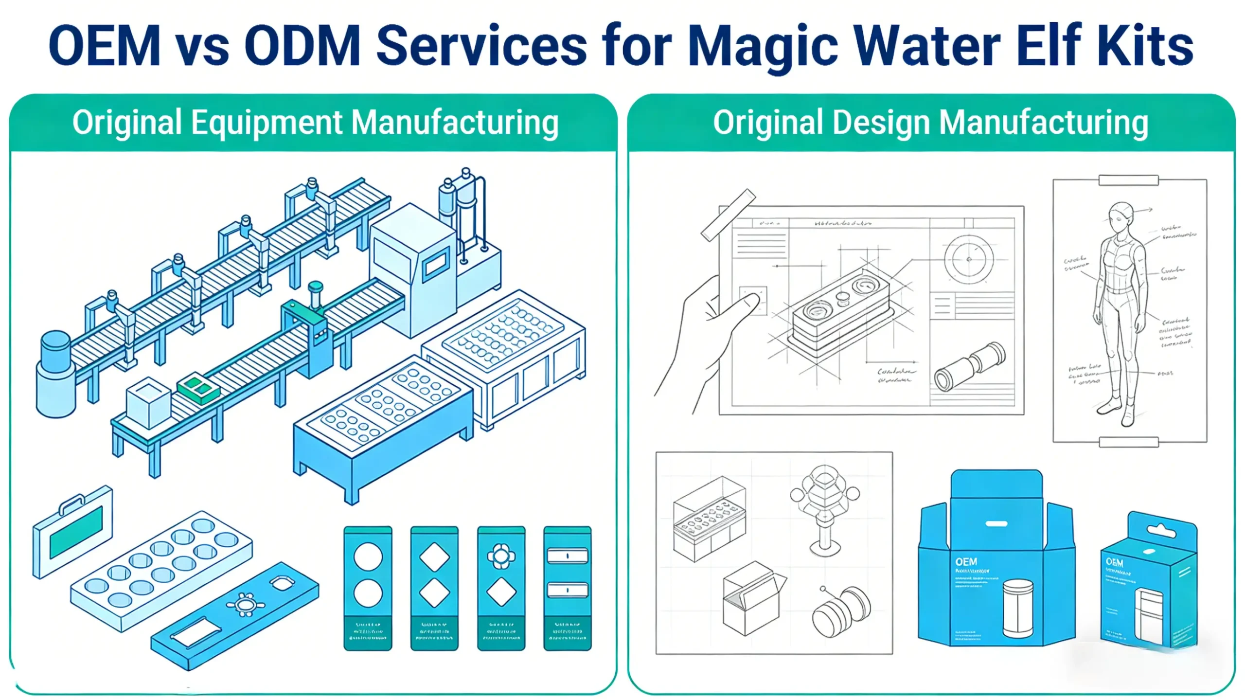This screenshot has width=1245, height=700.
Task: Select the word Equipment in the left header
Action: pyautogui.click(x=267, y=123)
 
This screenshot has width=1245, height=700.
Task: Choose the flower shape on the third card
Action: pyautogui.click(x=501, y=556)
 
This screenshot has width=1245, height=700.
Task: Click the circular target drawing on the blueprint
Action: pyautogui.click(x=968, y=259)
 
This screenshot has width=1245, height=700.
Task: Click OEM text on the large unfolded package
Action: pyautogui.click(x=966, y=561)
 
